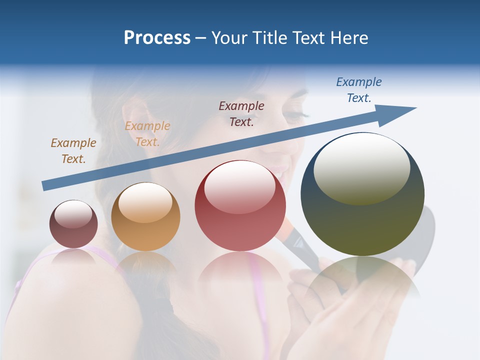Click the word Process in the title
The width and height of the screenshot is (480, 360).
(x=157, y=38)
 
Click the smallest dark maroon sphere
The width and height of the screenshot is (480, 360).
(x=73, y=224)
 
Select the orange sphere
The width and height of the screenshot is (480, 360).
(x=145, y=216)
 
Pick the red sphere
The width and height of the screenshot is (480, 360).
(x=240, y=205)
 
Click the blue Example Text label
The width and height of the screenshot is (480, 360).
(x=359, y=90)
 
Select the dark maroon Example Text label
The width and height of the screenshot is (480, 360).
(x=241, y=113)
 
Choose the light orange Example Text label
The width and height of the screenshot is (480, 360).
(x=147, y=134)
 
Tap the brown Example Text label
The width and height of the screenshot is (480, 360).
(x=73, y=150)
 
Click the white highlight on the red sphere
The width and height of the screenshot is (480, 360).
(x=240, y=187)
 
